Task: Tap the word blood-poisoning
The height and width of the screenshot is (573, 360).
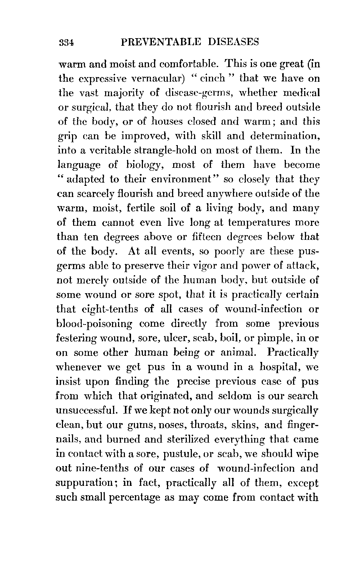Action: pos(95,324)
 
